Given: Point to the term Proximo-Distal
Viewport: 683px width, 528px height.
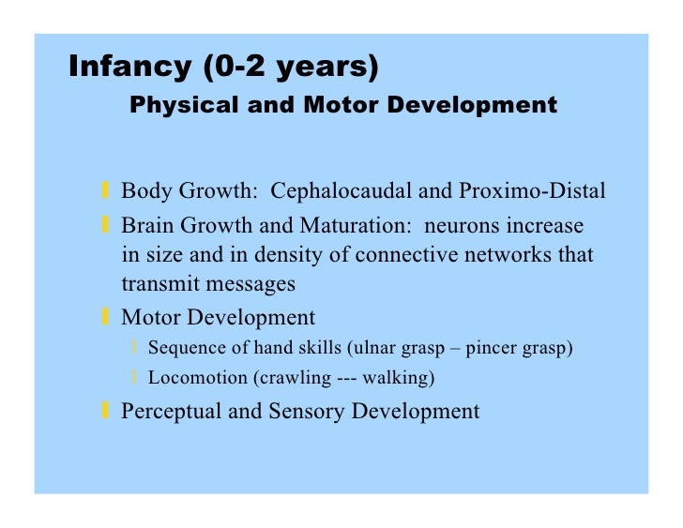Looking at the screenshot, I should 532,191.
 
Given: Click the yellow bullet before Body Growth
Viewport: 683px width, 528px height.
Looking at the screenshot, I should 106,192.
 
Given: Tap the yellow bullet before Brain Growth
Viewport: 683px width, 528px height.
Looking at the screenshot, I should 106,227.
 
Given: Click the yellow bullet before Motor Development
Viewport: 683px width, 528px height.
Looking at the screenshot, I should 106,317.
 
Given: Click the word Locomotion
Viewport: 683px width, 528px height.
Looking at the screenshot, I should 190,378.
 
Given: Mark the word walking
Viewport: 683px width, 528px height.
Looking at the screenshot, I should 401,378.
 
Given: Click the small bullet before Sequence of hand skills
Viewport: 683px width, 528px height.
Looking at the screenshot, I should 135,348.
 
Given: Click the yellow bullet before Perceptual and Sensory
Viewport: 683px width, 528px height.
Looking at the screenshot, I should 106,410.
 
